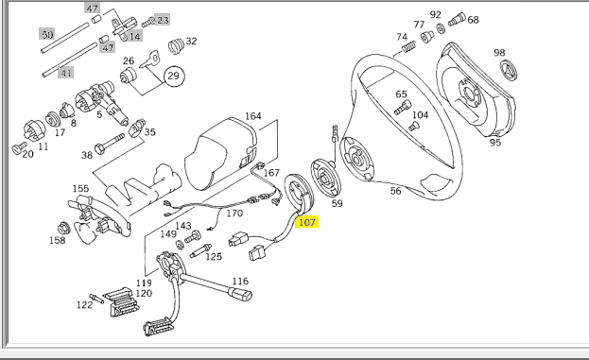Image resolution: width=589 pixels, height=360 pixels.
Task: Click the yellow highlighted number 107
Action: tap(307, 222)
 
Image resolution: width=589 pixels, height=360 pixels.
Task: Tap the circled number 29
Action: tap(174, 76)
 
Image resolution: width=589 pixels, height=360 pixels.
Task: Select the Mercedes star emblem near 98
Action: tap(509, 71)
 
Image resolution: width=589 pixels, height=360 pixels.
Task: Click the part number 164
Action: tap(252, 116)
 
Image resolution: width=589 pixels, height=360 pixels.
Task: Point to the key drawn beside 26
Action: tap(149, 60)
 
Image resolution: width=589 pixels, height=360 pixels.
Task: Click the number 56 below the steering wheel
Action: tap(395, 191)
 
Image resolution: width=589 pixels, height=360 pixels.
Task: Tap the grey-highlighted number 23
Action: tap(163, 20)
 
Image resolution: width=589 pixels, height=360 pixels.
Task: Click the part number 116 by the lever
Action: tap(240, 281)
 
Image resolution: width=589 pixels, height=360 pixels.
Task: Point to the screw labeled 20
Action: tap(20, 148)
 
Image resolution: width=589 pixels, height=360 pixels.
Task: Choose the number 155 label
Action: tap(80, 188)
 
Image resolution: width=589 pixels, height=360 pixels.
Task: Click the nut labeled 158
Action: tap(64, 228)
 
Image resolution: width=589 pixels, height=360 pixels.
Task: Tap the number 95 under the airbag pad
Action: tap(495, 143)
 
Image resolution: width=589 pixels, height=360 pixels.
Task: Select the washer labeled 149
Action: tap(180, 245)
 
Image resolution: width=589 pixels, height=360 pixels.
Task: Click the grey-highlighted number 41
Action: tap(66, 73)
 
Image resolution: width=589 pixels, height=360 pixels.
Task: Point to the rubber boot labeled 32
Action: tap(176, 45)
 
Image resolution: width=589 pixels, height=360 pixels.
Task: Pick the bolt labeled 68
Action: tap(457, 19)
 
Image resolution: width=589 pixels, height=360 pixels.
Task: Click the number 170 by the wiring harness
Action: tap(234, 214)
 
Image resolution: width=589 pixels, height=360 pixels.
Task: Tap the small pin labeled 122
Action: tap(96, 299)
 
